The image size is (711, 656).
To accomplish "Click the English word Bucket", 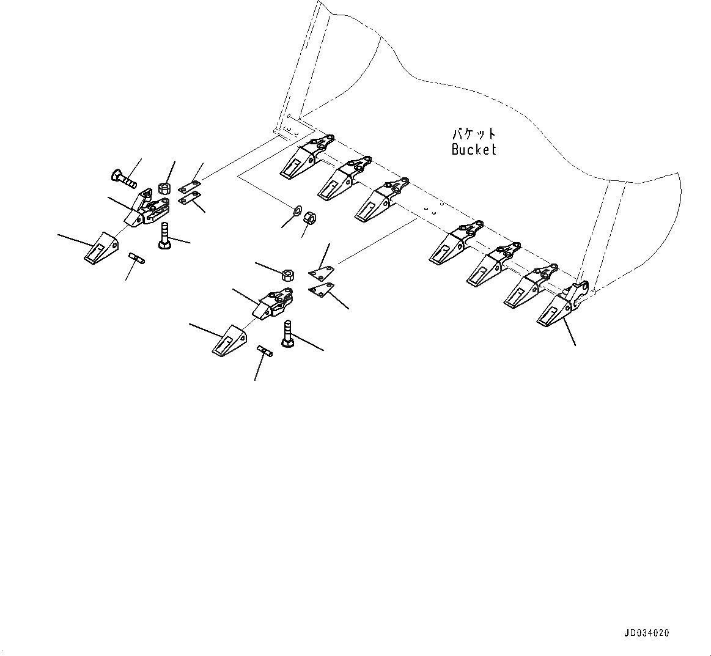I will [x=474, y=149].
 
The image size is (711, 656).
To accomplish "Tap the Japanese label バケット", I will [x=474, y=133].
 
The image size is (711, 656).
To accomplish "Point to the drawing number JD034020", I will [x=647, y=633].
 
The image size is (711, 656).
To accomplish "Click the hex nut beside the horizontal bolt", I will [x=163, y=187].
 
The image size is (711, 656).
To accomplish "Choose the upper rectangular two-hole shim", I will [x=189, y=184].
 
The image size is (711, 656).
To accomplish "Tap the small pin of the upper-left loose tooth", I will [x=136, y=259].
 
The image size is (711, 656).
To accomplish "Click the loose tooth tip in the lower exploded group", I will [x=229, y=339].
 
